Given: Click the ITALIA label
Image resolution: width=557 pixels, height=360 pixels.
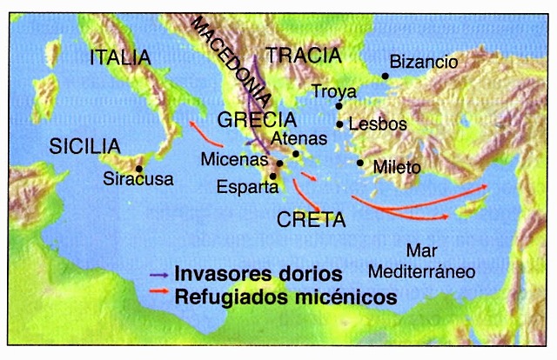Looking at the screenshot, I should (120, 58).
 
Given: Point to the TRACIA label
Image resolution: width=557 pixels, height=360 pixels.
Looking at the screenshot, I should (303, 57).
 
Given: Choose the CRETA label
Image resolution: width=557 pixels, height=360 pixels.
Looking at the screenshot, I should (305, 217).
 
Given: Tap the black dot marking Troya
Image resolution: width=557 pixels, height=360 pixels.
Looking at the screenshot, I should (339, 106).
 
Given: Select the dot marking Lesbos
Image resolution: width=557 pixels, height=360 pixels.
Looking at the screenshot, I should (339, 124).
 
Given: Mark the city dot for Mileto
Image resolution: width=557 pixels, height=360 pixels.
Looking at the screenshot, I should (360, 163).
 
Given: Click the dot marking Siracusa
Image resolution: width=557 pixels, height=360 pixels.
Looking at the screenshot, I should (139, 169).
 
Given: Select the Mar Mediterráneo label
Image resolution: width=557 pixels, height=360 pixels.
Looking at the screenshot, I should (420, 258).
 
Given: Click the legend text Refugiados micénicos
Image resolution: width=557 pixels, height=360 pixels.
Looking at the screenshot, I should (286, 297).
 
